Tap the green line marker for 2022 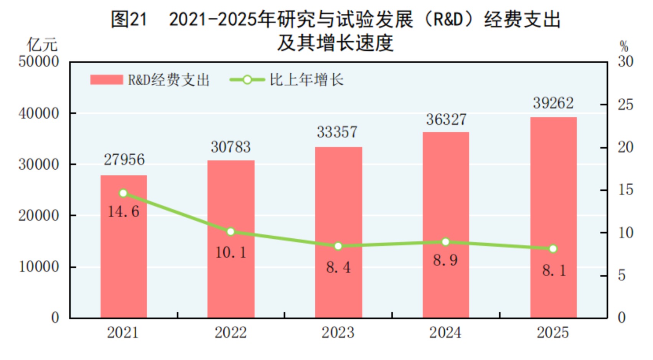point(231,232)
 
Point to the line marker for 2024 point(445,242)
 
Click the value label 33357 point(337,132)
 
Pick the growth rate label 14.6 point(124,212)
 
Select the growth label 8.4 point(338,268)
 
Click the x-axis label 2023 point(338,333)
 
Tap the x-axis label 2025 point(552,333)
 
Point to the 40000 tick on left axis point(39,114)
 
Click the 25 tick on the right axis point(625,105)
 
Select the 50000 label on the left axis point(39,62)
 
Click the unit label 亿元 point(42,45)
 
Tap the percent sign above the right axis point(624,47)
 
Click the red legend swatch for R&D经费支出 point(106,80)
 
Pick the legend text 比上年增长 point(306,80)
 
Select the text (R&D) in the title point(448,19)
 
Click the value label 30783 point(231,147)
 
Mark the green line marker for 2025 point(553,249)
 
